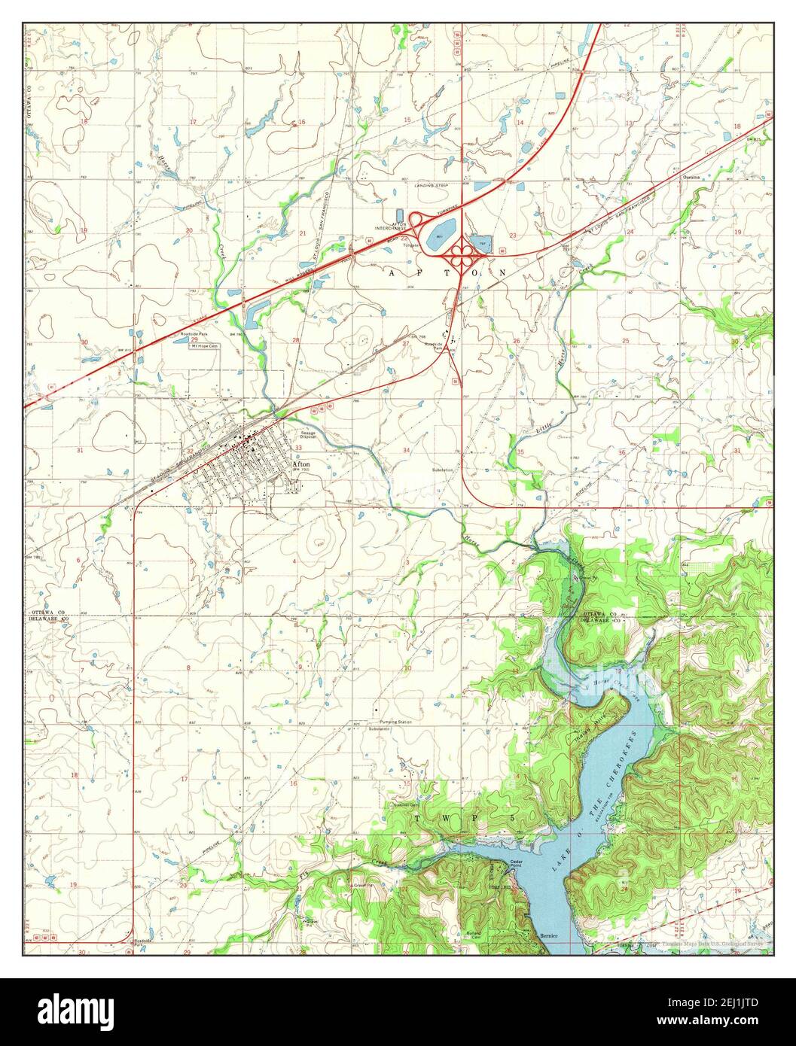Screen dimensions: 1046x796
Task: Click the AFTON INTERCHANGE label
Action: click(x=391, y=226)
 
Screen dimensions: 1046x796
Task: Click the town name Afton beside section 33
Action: click(x=300, y=464)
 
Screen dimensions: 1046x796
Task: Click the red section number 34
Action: click(x=407, y=450)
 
